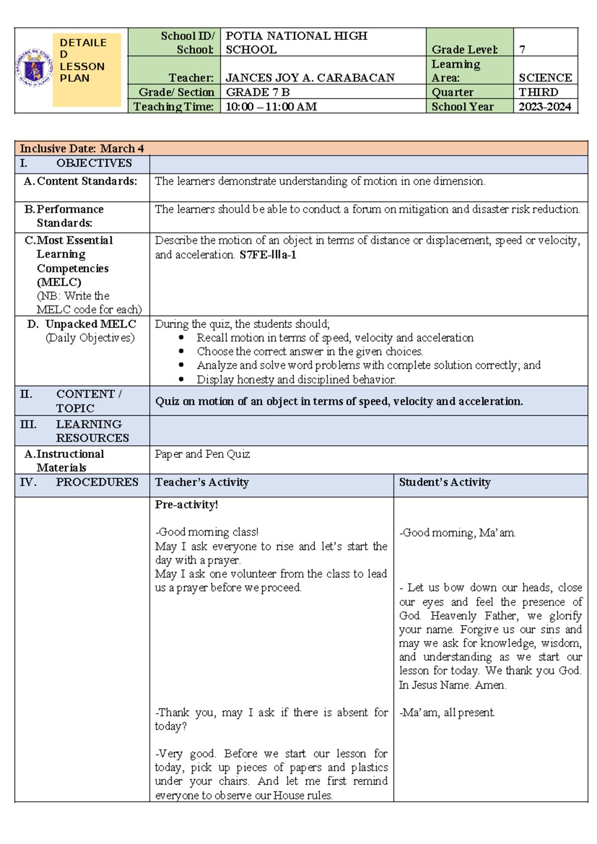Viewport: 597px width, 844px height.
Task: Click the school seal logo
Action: [x=34, y=68]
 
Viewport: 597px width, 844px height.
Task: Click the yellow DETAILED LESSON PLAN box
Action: [x=87, y=70]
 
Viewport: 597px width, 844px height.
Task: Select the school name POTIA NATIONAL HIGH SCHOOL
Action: [x=297, y=42]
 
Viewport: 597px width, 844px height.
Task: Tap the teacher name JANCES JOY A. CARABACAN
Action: [x=310, y=78]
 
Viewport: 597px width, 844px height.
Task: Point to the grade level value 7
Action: [x=522, y=49]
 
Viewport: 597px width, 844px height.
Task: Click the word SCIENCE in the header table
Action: [x=545, y=78]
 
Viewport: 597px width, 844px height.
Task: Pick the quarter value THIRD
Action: [x=538, y=92]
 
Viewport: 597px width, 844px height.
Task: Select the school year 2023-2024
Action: [x=545, y=106]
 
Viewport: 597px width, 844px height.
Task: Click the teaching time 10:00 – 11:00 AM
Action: [x=271, y=106]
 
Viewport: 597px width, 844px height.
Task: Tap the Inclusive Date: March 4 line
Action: [x=82, y=148]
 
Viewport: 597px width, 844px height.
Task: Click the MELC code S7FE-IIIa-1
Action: [x=268, y=255]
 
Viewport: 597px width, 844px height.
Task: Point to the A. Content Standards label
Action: [x=81, y=181]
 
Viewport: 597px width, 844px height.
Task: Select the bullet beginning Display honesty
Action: [x=296, y=379]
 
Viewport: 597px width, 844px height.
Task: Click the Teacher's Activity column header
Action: [x=201, y=482]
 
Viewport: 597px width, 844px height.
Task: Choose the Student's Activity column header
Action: [x=445, y=482]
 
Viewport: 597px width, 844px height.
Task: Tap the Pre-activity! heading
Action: [x=187, y=505]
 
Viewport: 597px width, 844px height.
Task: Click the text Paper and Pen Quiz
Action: [x=202, y=454]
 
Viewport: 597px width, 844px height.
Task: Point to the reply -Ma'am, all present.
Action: [x=447, y=713]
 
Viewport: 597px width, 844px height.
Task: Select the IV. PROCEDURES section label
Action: [x=80, y=482]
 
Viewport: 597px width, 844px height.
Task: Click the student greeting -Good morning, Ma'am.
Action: [x=457, y=533]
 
